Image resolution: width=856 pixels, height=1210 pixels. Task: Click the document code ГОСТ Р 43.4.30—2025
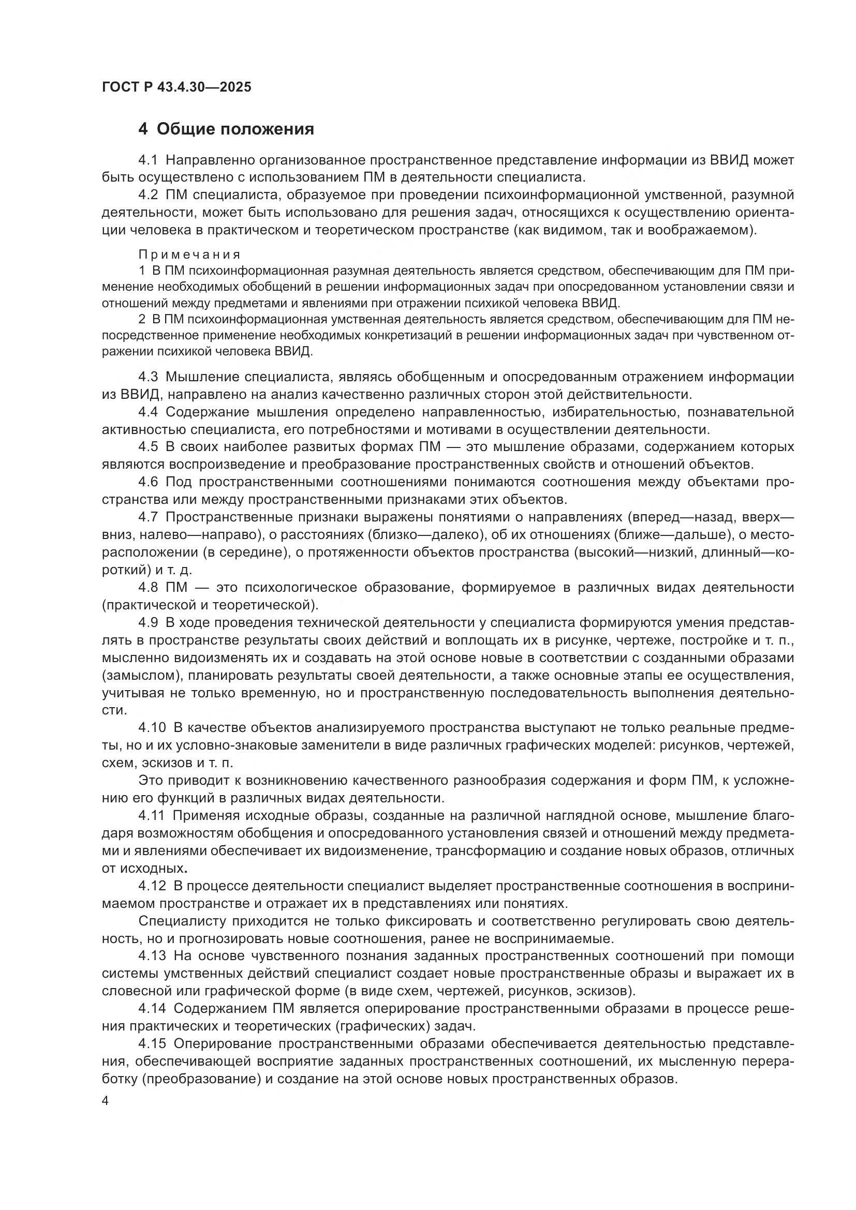(176, 87)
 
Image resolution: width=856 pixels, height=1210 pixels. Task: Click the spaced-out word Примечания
(189, 255)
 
